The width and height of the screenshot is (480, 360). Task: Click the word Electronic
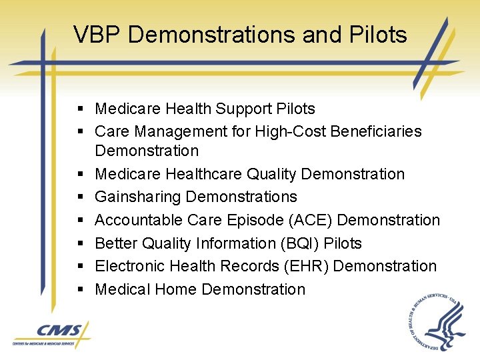click(129, 266)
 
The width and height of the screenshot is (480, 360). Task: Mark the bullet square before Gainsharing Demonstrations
click(79, 197)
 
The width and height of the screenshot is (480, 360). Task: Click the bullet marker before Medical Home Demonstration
click(79, 290)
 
